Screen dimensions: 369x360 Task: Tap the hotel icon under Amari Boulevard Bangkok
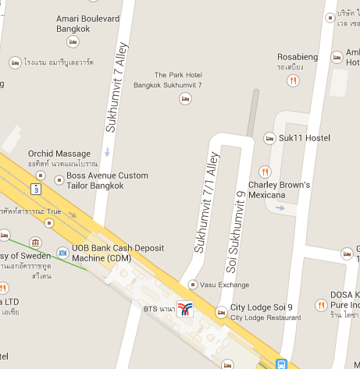pos(73,42)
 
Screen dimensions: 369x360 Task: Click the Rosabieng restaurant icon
pos(294,80)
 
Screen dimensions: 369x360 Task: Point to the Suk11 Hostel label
pos(305,138)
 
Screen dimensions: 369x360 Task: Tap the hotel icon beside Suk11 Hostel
pos(270,138)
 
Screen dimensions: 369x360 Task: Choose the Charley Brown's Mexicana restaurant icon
pos(265,172)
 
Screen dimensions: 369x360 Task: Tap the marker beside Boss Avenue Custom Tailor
pos(59,179)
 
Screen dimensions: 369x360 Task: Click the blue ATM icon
pos(62,253)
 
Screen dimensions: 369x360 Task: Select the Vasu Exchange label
pos(225,285)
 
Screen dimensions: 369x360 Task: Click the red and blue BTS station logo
pos(185,309)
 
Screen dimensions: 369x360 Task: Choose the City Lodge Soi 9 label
pos(262,308)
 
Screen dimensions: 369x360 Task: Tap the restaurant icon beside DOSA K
pos(320,304)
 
